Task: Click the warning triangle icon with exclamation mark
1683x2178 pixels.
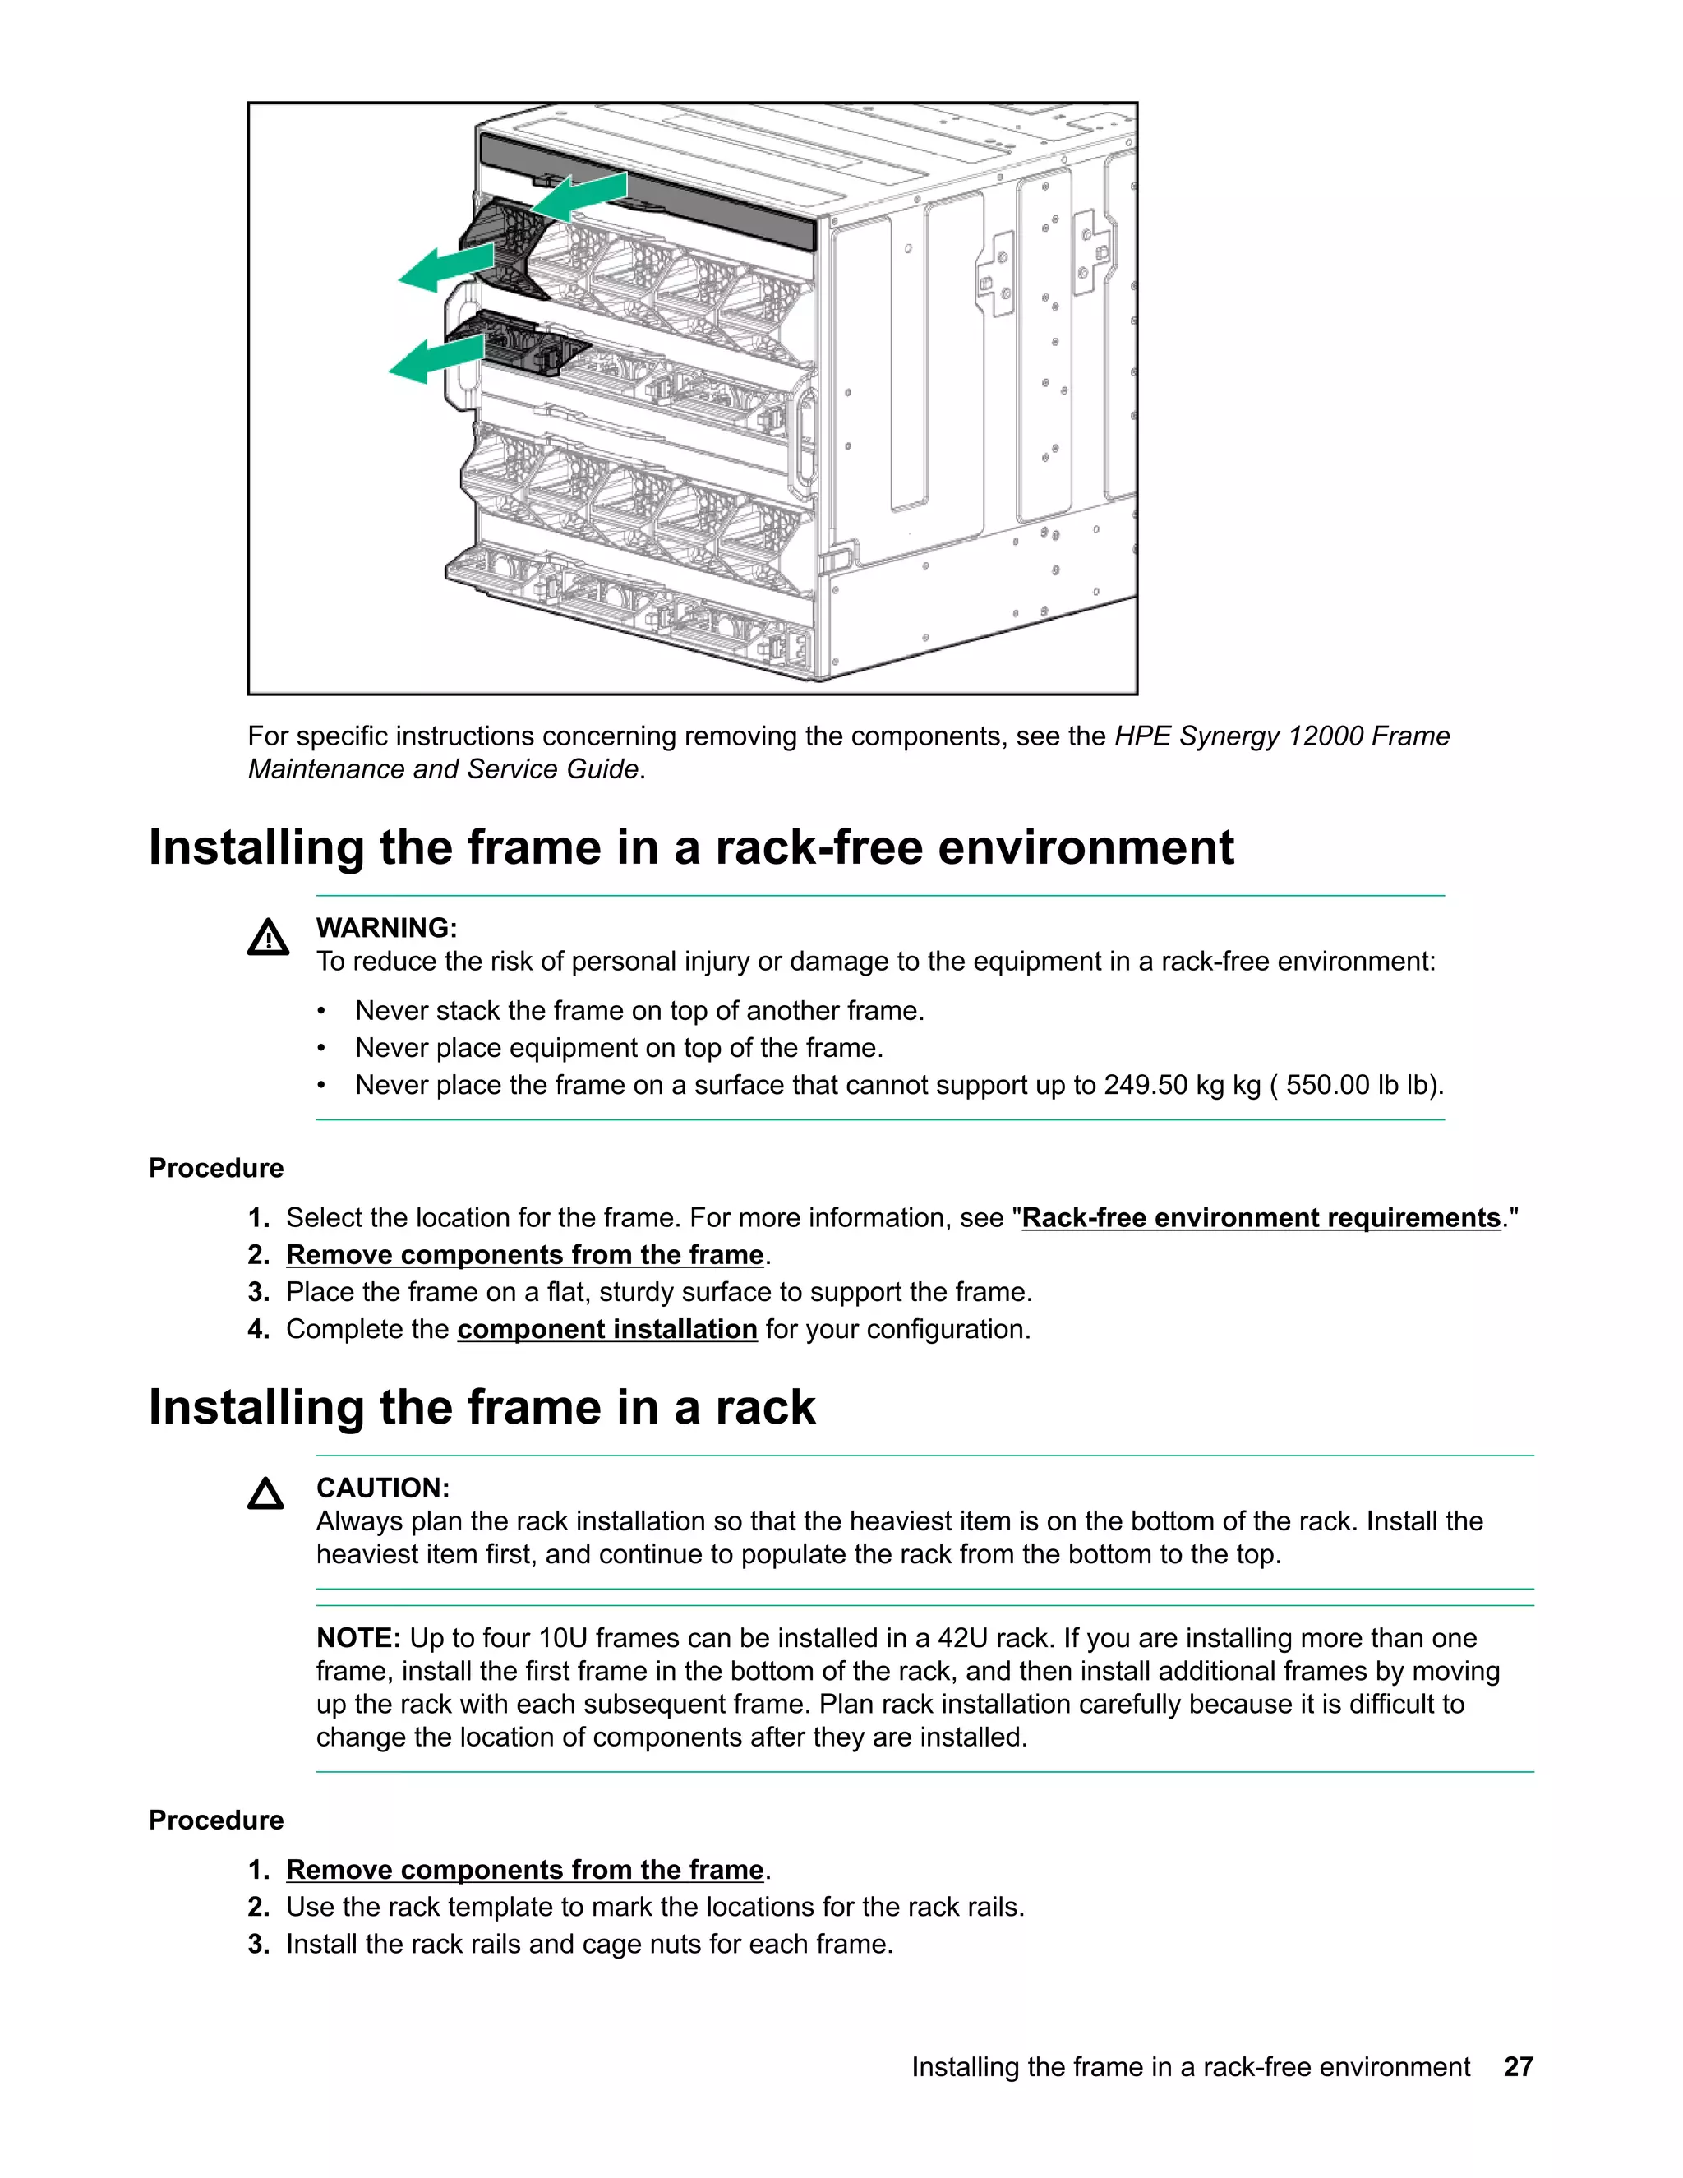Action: [268, 939]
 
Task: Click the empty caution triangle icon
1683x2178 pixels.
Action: [266, 1494]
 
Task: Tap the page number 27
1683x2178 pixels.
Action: [1518, 2066]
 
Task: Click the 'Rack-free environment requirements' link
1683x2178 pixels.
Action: [1261, 1218]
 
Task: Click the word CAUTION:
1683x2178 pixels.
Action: [383, 1488]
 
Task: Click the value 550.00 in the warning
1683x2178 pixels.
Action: [1327, 1085]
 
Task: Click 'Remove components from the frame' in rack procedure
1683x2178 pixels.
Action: [524, 1870]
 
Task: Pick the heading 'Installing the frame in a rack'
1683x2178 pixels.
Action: [482, 1407]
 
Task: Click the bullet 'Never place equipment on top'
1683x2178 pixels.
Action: [619, 1048]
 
